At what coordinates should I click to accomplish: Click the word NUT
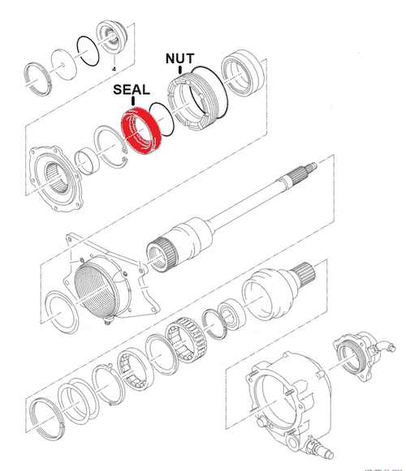click(x=179, y=58)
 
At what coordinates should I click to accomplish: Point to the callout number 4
click(x=114, y=67)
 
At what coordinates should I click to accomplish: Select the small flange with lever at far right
click(x=357, y=351)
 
